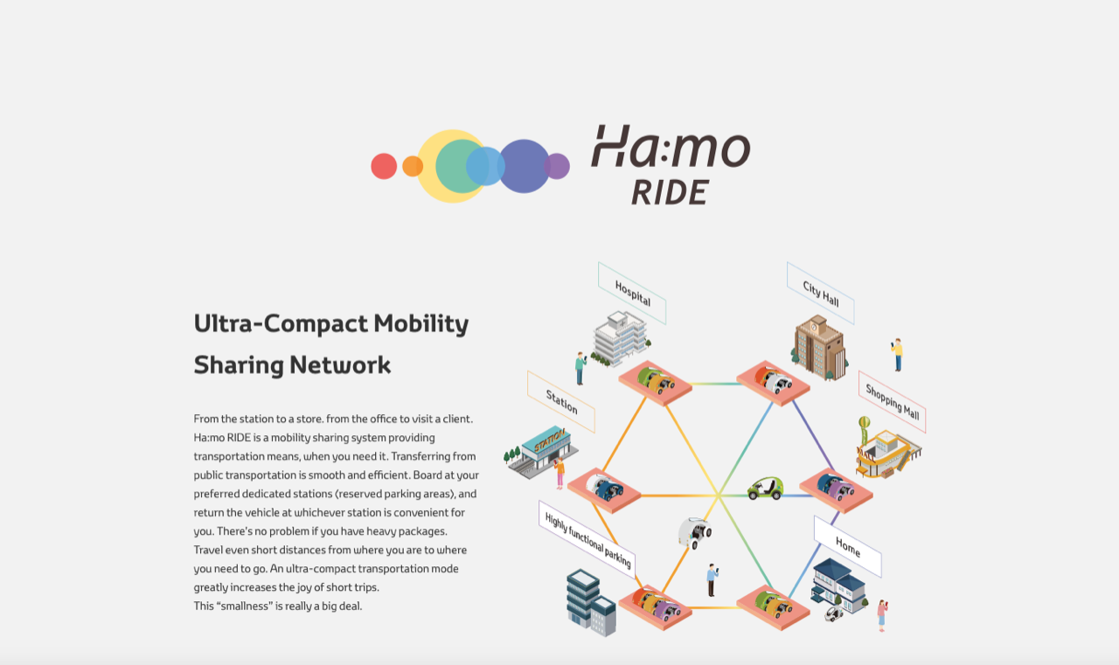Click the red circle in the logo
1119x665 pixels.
(384, 166)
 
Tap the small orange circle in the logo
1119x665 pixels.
(413, 166)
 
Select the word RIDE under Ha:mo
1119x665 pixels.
(670, 192)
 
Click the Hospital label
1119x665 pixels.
(632, 293)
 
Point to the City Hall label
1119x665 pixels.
(821, 293)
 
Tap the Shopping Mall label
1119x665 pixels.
(893, 401)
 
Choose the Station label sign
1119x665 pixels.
(561, 401)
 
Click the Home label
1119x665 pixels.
(848, 547)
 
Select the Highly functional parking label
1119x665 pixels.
(587, 540)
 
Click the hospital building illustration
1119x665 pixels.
(621, 338)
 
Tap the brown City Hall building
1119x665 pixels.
(819, 348)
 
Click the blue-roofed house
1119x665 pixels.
(838, 585)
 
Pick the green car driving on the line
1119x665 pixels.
(765, 488)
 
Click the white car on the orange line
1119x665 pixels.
(694, 533)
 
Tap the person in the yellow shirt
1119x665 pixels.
(897, 355)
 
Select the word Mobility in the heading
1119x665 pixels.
(421, 324)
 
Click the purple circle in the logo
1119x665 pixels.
(557, 166)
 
